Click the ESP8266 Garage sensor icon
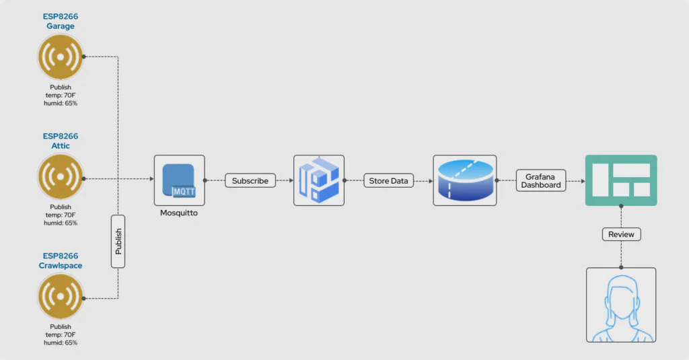point(61,57)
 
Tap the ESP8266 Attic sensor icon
point(61,178)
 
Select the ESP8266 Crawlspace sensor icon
point(61,297)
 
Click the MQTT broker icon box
point(179,180)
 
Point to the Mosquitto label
point(179,213)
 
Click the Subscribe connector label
point(250,180)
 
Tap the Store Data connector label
point(388,180)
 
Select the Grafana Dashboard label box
point(541,180)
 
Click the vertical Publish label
point(118,241)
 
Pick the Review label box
point(621,234)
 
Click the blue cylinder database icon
point(465,180)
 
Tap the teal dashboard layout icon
point(621,180)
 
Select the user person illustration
point(621,305)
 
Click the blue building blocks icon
point(319,180)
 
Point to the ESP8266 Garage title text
point(61,21)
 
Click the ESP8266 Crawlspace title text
point(61,260)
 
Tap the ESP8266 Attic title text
point(61,141)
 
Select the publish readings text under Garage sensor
point(61,95)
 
